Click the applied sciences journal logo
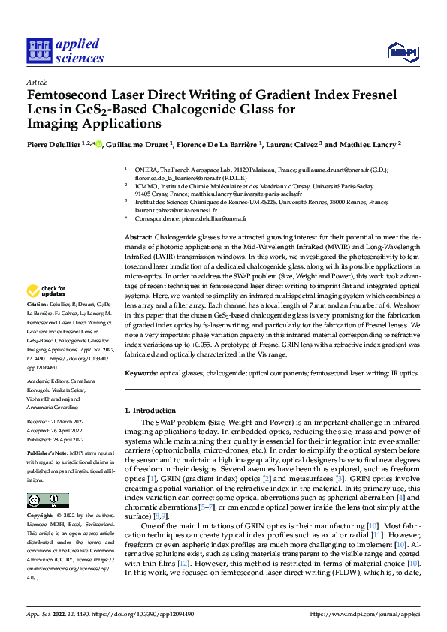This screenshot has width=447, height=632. (65, 50)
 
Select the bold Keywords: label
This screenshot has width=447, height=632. (143, 372)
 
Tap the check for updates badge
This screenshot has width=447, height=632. (47, 290)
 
